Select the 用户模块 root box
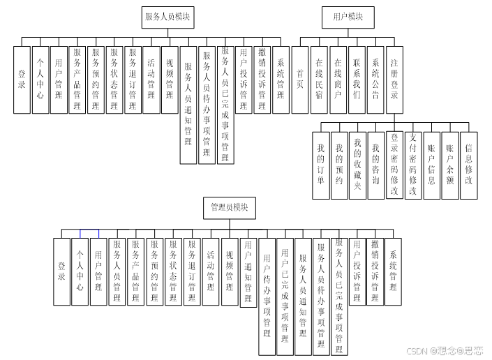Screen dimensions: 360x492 (x=347, y=17)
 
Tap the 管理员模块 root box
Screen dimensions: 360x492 (x=229, y=207)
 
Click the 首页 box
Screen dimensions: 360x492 (x=300, y=80)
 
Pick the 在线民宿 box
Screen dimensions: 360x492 (x=319, y=80)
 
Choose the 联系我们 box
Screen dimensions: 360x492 (x=357, y=80)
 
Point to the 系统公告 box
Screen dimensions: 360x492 (x=375, y=80)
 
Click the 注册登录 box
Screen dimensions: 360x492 (x=394, y=80)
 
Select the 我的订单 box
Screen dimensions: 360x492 (x=321, y=165)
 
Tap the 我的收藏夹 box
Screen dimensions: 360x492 (x=357, y=165)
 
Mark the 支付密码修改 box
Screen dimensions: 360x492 (x=413, y=165)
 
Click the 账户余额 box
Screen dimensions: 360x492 (x=450, y=165)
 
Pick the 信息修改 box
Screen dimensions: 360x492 (x=469, y=165)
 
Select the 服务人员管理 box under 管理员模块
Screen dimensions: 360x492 (x=117, y=271)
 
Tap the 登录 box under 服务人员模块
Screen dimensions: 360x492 (x=22, y=80)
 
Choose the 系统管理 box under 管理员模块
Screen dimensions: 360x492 (x=393, y=271)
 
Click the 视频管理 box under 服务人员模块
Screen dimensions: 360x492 (x=170, y=80)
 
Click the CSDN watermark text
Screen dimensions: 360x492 (x=445, y=350)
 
